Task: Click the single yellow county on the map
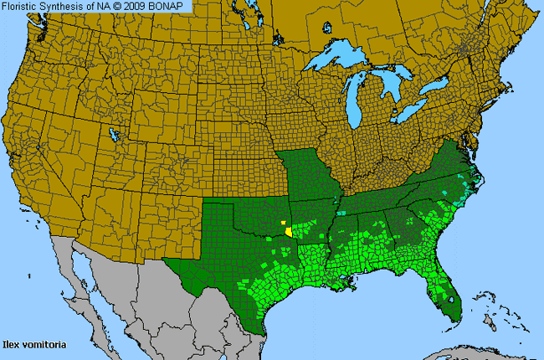tap(288, 229)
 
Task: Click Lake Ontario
tap(436, 86)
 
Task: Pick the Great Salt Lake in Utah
tap(113, 134)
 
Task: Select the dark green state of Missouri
tap(310, 176)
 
